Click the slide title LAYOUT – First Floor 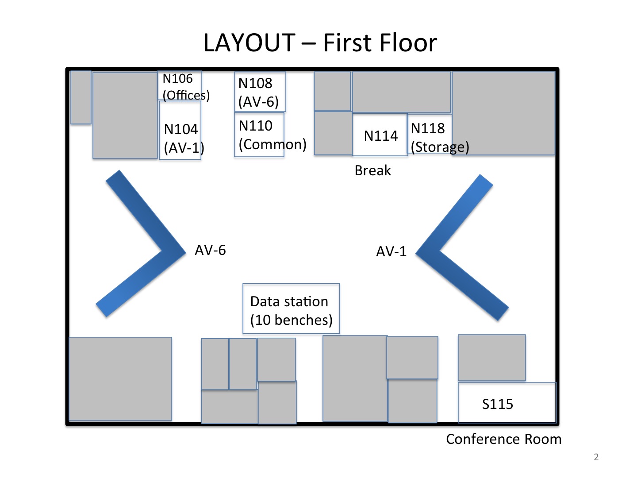point(320,43)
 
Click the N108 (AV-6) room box point(260,92)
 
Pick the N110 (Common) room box point(259,135)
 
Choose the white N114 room point(380,135)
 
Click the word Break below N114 point(372,170)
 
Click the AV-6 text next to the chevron point(210,250)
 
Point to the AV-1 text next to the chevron point(391,251)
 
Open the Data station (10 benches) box point(291,308)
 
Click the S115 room point(507,403)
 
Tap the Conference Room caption point(503,439)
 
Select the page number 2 point(596,457)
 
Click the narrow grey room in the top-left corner point(81,97)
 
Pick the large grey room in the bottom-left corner point(120,378)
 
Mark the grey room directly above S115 point(491,357)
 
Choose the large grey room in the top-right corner point(503,113)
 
